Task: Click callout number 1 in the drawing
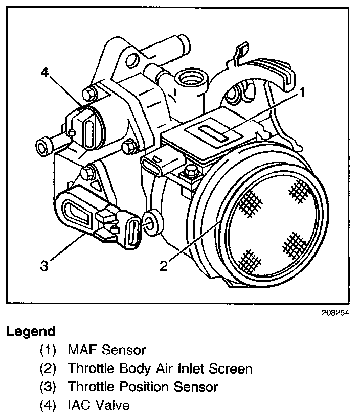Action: (303, 93)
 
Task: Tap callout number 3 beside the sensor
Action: (44, 266)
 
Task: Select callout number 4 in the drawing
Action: (44, 73)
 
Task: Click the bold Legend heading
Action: (31, 331)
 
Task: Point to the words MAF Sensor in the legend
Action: (106, 350)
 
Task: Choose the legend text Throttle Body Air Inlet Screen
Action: (160, 368)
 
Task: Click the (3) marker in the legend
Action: (49, 387)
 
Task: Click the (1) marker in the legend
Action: (49, 350)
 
